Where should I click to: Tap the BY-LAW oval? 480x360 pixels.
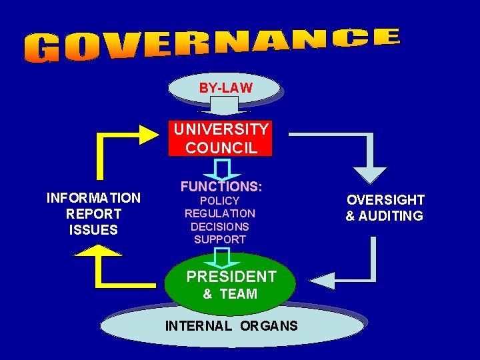tap(225, 87)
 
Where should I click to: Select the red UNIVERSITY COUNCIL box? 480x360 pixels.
tap(221, 138)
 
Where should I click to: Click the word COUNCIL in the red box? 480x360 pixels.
tap(221, 147)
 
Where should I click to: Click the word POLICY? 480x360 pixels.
tap(220, 201)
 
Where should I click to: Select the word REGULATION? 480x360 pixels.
tap(220, 213)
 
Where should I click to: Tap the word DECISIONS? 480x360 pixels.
tap(220, 227)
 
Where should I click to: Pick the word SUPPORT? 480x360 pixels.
tap(220, 239)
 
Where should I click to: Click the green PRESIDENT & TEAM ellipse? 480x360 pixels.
tap(230, 283)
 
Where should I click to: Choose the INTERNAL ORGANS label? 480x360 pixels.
tap(231, 326)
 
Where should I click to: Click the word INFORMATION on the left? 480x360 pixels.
tap(93, 198)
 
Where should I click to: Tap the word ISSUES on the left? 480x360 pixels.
tap(93, 230)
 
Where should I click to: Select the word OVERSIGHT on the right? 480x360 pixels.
tap(385, 200)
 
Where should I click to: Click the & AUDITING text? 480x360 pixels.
tap(384, 216)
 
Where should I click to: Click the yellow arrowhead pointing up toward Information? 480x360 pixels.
tap(98, 251)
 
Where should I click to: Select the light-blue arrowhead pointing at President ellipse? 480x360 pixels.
tap(321, 280)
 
